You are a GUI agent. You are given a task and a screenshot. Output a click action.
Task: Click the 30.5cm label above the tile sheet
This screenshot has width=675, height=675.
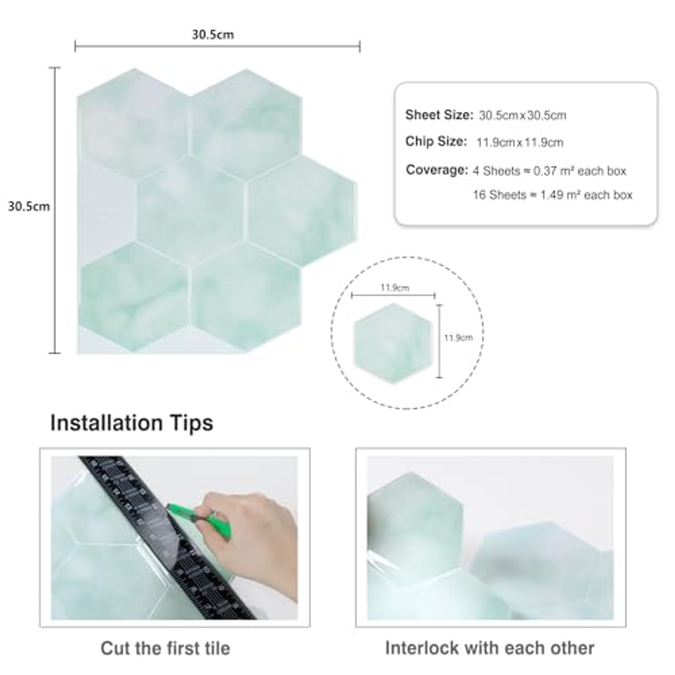click(x=213, y=35)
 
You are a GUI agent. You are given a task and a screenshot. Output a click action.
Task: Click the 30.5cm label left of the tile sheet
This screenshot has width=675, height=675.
click(x=29, y=207)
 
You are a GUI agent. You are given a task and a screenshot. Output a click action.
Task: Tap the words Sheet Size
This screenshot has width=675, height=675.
click(x=439, y=115)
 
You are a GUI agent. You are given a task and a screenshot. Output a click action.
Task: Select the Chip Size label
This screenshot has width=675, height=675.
click(x=436, y=141)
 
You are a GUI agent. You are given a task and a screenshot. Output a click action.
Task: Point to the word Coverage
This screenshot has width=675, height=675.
click(x=437, y=170)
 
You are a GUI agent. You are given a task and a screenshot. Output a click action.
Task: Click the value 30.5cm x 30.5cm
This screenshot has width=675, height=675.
click(x=522, y=116)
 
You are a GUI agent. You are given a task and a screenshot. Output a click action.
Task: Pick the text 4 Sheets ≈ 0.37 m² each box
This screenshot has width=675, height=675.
click(x=549, y=171)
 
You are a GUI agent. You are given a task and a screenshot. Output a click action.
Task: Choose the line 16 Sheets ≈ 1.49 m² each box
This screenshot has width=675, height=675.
click(x=553, y=195)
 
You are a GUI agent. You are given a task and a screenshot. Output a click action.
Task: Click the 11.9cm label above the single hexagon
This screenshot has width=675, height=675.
click(x=395, y=288)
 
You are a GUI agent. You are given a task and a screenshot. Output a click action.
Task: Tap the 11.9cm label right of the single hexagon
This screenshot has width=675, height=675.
click(x=458, y=337)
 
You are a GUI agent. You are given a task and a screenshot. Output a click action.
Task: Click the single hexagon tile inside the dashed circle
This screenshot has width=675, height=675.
click(x=393, y=343)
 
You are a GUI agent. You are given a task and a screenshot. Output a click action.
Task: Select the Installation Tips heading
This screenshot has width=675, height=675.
click(x=131, y=423)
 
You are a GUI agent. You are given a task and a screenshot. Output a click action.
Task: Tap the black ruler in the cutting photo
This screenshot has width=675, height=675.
click(x=166, y=538)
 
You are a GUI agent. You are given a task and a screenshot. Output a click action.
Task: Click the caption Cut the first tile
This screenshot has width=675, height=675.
click(x=165, y=648)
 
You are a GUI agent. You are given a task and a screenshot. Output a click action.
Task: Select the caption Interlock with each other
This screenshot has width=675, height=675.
click(x=490, y=648)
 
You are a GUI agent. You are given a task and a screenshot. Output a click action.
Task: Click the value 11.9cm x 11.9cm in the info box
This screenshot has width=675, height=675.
click(x=520, y=143)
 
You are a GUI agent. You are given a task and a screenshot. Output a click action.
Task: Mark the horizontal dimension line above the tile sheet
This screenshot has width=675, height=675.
click(x=217, y=46)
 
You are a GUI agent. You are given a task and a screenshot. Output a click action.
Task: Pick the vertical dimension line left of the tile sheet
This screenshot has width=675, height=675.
click(x=54, y=210)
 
